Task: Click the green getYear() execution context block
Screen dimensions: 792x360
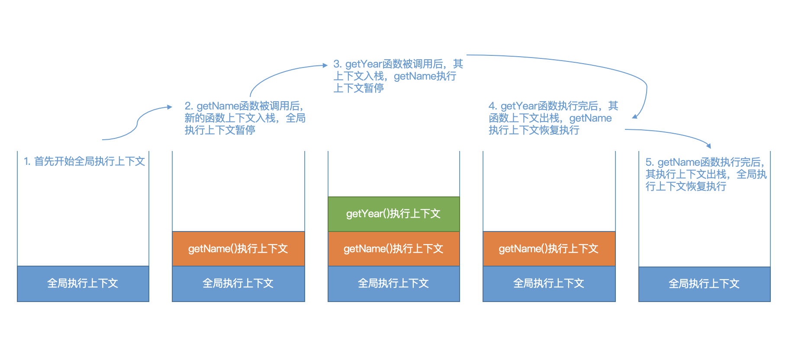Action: [394, 214]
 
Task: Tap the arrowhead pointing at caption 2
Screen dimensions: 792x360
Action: [170, 107]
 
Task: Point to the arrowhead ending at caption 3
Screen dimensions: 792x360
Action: [325, 65]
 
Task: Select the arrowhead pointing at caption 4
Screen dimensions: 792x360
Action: [635, 116]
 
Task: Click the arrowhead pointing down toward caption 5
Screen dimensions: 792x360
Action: [708, 146]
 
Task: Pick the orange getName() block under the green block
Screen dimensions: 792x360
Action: [394, 249]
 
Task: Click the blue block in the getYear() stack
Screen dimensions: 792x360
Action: [394, 284]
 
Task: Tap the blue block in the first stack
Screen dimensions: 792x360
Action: [83, 284]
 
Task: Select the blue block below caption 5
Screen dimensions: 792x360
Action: [705, 284]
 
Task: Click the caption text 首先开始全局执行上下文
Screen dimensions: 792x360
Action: [90, 161]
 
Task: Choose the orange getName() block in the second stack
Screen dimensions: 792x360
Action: [238, 249]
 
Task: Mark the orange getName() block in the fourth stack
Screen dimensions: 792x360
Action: [549, 249]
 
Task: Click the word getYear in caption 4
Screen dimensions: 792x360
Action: [519, 106]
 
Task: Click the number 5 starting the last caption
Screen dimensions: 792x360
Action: [648, 162]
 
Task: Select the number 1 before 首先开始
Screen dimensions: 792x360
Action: [26, 161]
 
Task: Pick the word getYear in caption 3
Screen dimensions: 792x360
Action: [364, 64]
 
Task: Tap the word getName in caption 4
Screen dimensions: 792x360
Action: [590, 118]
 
